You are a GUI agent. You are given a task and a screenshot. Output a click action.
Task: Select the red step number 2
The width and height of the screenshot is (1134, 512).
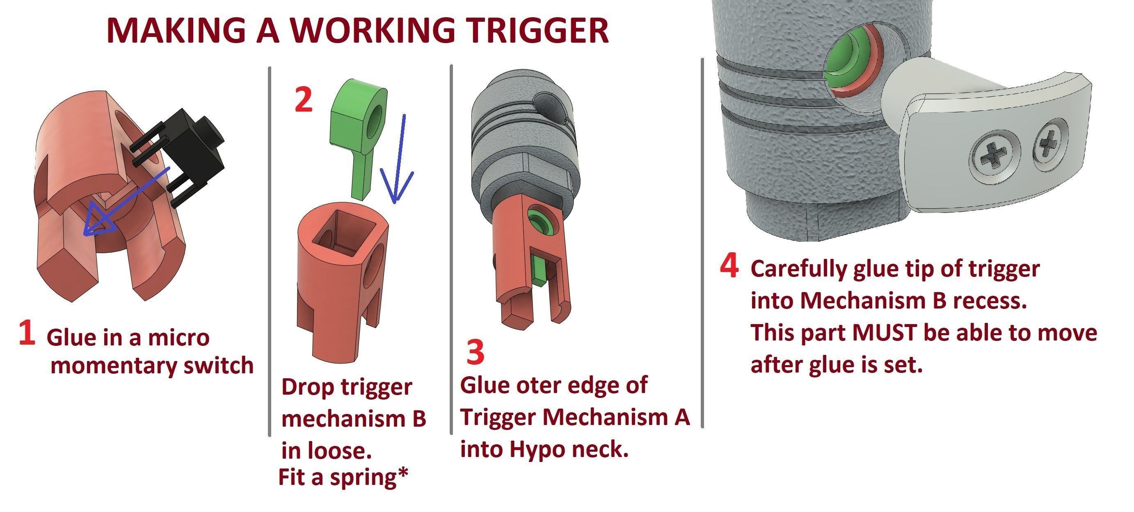pos(303,100)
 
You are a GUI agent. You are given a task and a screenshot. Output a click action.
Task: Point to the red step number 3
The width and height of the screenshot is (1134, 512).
pos(475,352)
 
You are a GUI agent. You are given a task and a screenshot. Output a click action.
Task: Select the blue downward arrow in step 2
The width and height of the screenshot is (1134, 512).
pos(398,158)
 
